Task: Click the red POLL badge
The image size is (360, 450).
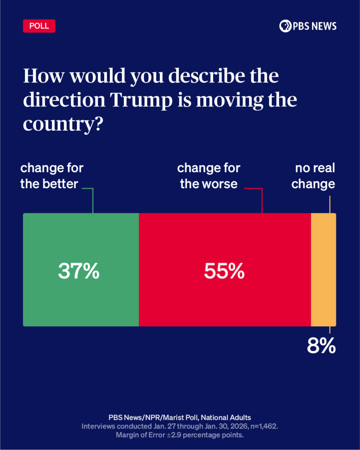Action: coord(39,26)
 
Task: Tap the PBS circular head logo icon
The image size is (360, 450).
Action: coord(285,26)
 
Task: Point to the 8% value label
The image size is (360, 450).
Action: coord(321,346)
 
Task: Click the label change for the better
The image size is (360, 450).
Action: coord(51,176)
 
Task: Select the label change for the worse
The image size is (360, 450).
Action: coord(209,176)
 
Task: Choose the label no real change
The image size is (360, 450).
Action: coord(313,176)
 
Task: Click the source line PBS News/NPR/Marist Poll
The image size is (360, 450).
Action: coord(180,417)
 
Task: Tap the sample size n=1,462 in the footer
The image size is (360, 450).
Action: coord(262,426)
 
